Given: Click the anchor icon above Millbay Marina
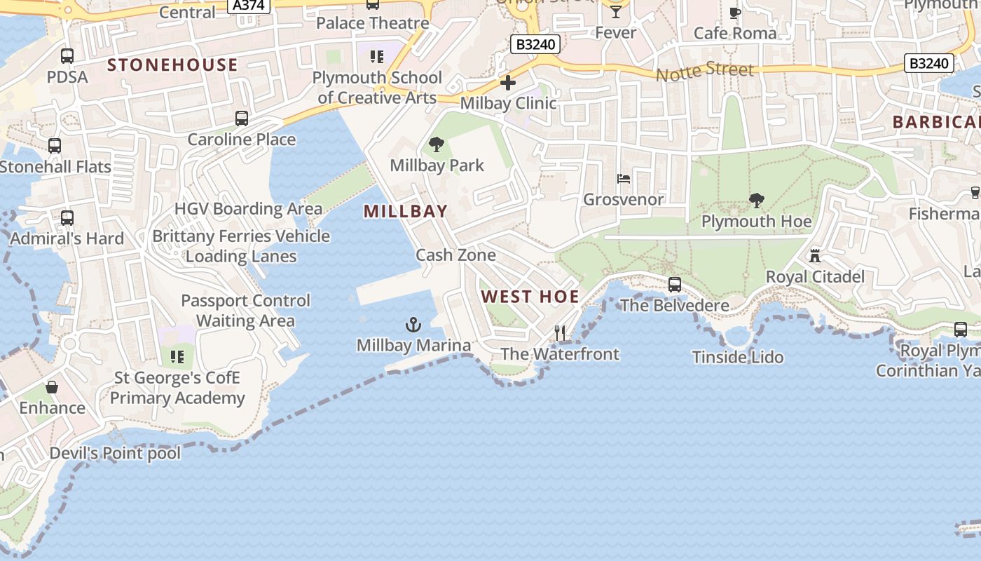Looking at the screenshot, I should click(x=413, y=325).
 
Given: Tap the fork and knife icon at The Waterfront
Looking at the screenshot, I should click(x=560, y=333).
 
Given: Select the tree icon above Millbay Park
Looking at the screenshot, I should click(x=437, y=145).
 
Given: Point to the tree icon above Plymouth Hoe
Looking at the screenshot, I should click(x=756, y=201).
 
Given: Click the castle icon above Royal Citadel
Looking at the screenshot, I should click(x=814, y=256).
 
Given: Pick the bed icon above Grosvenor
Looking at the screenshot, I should click(x=624, y=179).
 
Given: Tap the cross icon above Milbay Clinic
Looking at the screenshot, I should click(x=508, y=83).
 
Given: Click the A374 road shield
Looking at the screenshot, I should click(x=249, y=6).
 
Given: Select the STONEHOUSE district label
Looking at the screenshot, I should click(x=172, y=65).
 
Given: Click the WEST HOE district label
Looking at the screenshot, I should click(x=530, y=297).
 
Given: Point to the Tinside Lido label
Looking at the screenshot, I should click(x=738, y=358).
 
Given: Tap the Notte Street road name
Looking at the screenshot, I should click(x=705, y=71).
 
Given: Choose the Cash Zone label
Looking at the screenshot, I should click(x=455, y=255).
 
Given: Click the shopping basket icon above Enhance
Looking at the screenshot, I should click(x=52, y=387).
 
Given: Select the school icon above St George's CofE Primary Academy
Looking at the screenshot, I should click(x=177, y=357).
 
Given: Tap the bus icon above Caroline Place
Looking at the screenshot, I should click(x=242, y=119).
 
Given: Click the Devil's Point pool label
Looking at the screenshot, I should click(x=115, y=454).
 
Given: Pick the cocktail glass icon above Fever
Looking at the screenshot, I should click(x=615, y=11).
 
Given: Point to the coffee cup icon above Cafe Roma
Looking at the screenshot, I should click(x=735, y=13).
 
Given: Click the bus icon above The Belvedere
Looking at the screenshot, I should click(x=675, y=285).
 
